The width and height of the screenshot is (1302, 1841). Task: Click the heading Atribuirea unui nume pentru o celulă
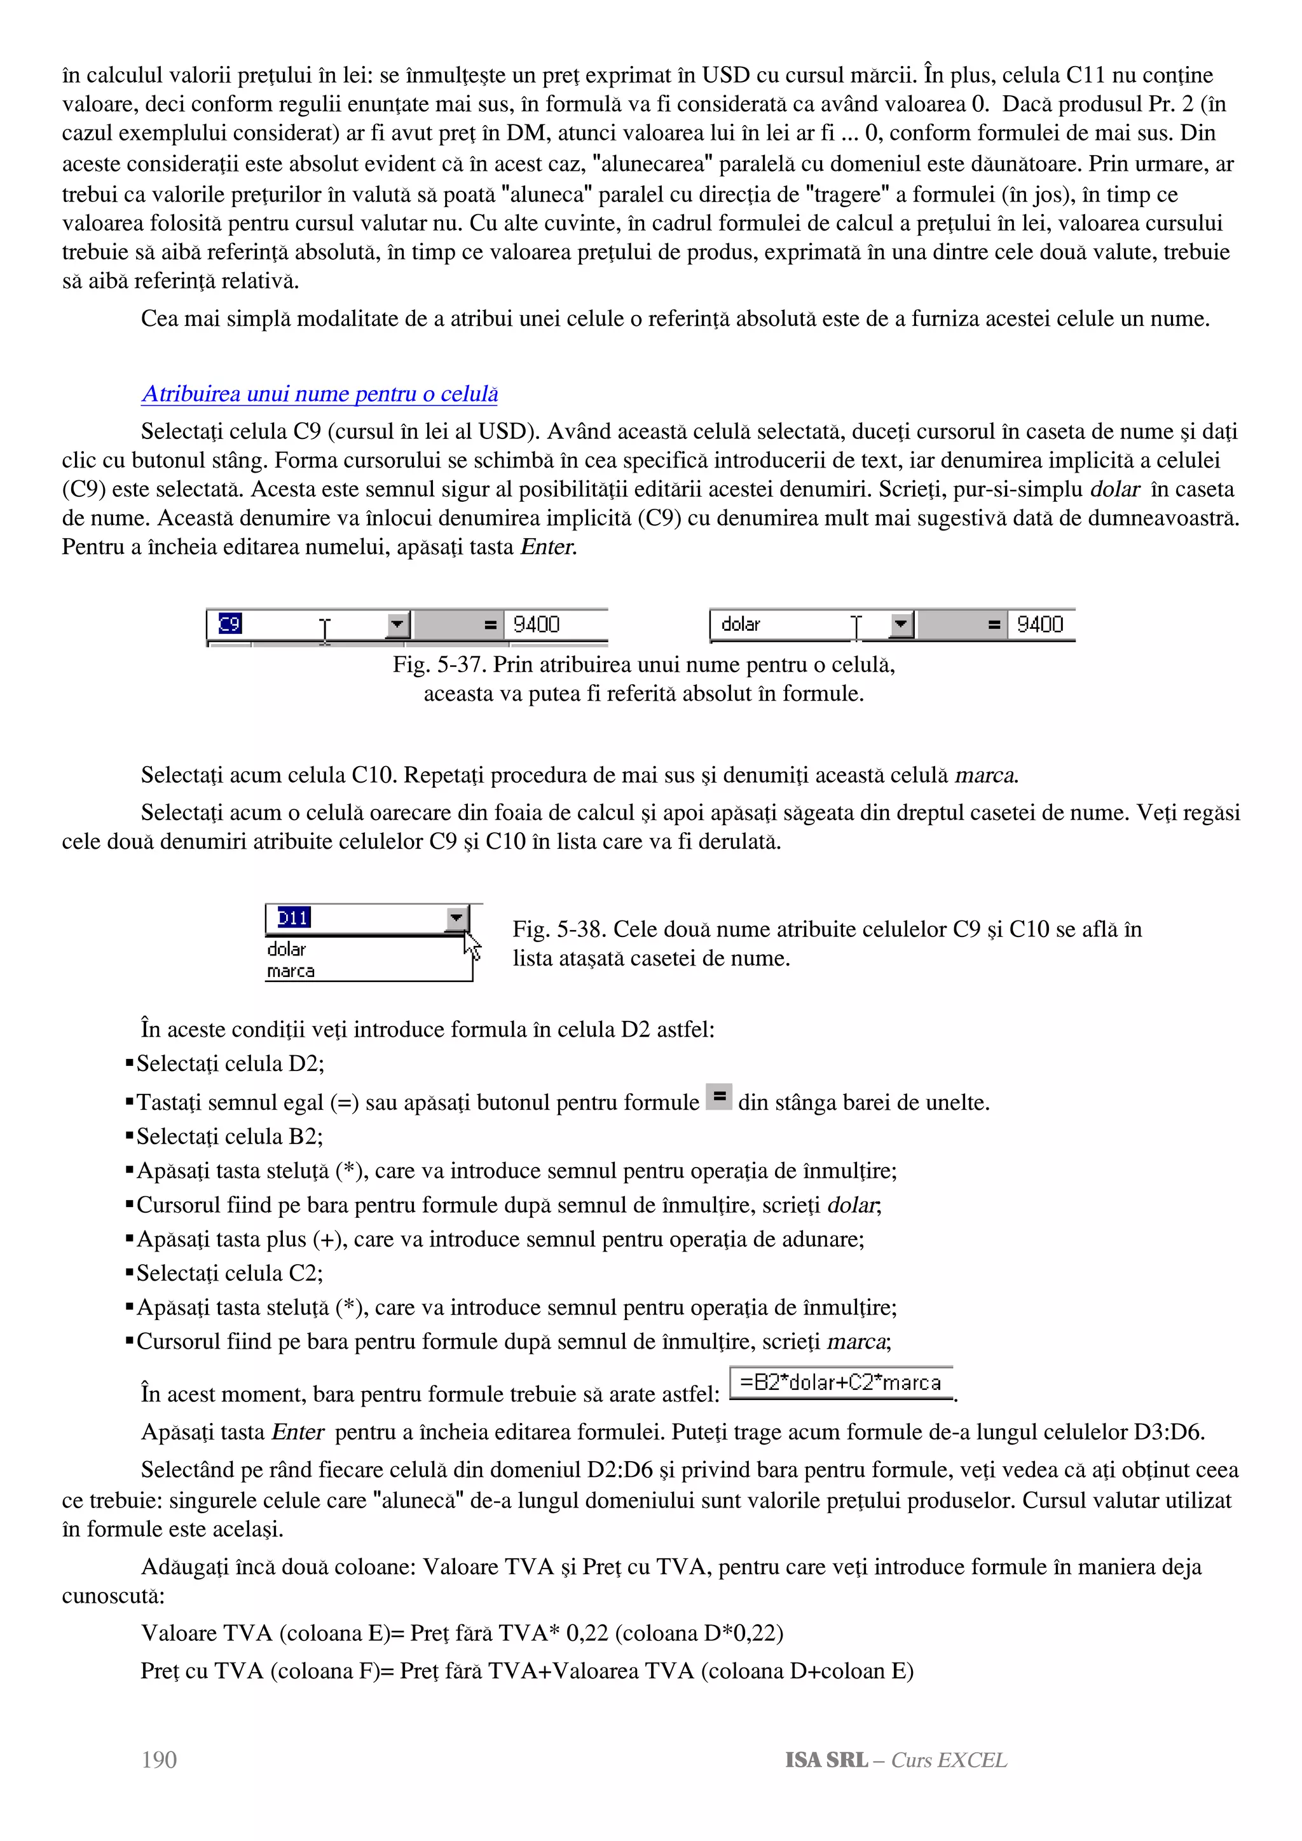pos(319,394)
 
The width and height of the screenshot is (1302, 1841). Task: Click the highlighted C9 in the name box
pos(230,624)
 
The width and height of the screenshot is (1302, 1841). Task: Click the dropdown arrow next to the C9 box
pos(398,624)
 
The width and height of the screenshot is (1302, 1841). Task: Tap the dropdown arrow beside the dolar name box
pos(901,624)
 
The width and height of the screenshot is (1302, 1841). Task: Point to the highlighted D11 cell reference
pos(294,917)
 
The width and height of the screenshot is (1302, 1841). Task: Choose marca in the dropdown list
pos(291,971)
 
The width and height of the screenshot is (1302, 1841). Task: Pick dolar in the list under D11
pos(286,949)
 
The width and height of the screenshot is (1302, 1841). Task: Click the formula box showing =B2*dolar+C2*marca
pos(840,1382)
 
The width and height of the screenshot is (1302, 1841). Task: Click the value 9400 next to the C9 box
pos(536,624)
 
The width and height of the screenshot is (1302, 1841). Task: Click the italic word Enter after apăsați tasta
pos(548,547)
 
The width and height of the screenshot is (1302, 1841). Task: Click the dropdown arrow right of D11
pos(456,917)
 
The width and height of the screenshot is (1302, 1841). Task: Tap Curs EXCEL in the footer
pos(949,1760)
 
